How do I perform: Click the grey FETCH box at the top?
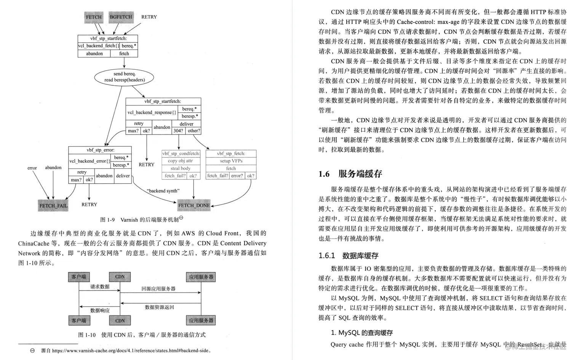[94, 17]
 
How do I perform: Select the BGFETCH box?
[121, 17]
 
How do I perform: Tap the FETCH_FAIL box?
[53, 206]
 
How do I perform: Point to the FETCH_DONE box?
[194, 205]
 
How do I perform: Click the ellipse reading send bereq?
[124, 77]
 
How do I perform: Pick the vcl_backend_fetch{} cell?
[99, 46]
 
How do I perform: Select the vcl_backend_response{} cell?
[152, 112]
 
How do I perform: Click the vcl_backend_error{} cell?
[90, 161]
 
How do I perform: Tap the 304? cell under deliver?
[178, 131]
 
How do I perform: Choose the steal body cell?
[181, 168]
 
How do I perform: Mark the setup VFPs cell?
[231, 161]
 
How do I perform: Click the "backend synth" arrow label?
[163, 191]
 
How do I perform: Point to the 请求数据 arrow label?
[100, 287]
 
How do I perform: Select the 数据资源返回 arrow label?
[159, 307]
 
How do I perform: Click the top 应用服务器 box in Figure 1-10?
[201, 277]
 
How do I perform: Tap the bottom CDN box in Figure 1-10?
[120, 321]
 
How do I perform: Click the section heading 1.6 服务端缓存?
[350, 174]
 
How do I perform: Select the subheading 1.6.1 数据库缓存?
[349, 256]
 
